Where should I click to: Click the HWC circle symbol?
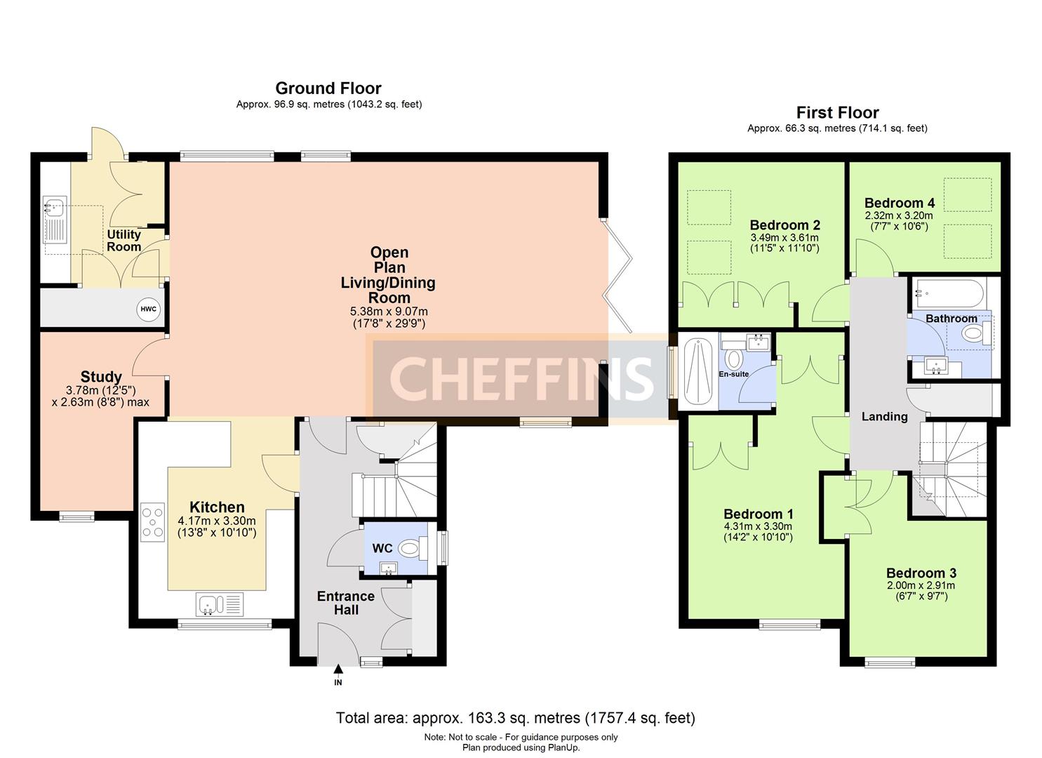(148, 310)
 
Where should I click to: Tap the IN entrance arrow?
(338, 669)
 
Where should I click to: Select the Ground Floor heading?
(328, 88)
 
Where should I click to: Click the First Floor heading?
(837, 112)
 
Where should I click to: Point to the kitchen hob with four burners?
(152, 523)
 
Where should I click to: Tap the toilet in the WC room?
(413, 548)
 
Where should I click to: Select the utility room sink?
(55, 220)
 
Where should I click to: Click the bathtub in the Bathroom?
(949, 293)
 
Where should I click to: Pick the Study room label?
(101, 376)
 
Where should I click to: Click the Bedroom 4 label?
(899, 203)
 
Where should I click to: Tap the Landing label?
(884, 416)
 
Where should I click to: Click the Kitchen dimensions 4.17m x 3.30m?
(217, 521)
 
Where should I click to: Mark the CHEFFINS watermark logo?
(521, 378)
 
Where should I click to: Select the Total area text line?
(516, 718)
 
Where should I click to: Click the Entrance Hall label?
(346, 603)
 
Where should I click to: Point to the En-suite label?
(733, 374)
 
